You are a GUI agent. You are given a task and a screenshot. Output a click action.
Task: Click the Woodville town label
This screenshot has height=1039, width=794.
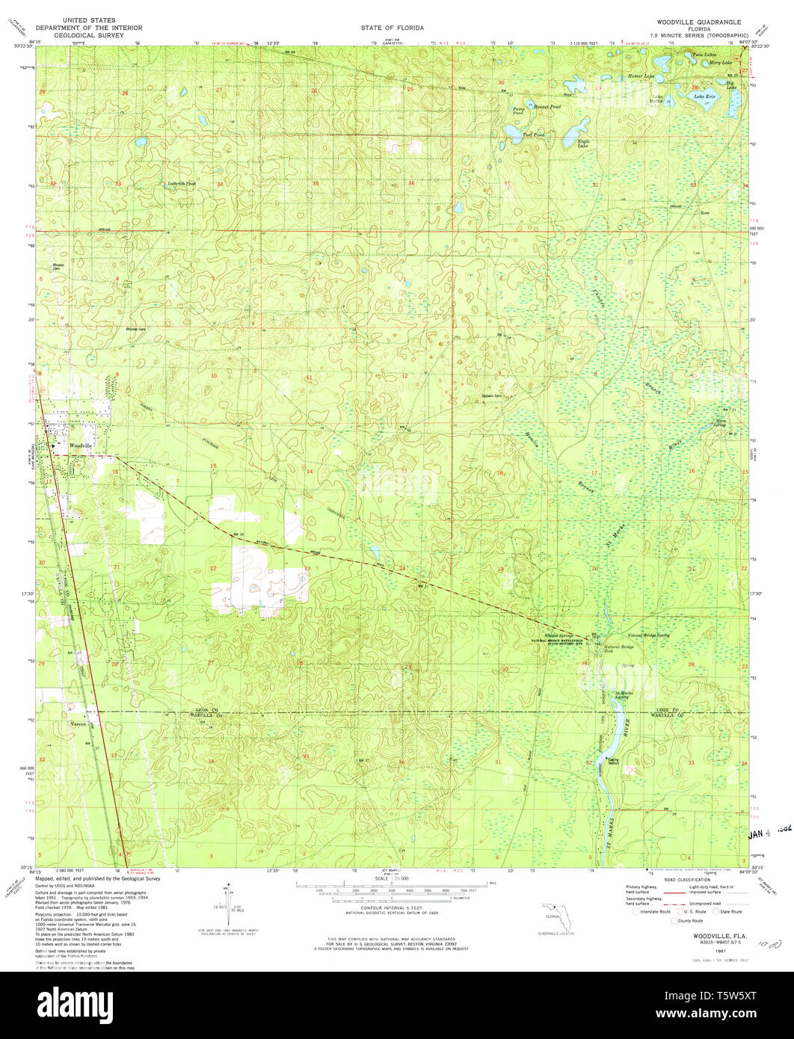[x=81, y=445]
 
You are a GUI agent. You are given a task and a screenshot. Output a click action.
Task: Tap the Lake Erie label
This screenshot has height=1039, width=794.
[x=705, y=96]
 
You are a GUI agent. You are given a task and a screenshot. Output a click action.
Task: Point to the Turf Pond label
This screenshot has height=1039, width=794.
[x=533, y=135]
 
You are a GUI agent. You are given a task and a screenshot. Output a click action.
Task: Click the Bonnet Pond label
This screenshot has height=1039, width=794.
[x=547, y=107]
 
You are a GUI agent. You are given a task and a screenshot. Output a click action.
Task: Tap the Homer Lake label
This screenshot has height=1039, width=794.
[x=641, y=76]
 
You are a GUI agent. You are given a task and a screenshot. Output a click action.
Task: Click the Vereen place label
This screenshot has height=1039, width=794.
[x=79, y=724]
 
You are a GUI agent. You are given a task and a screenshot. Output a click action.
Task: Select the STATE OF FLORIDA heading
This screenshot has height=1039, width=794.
[x=392, y=28]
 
